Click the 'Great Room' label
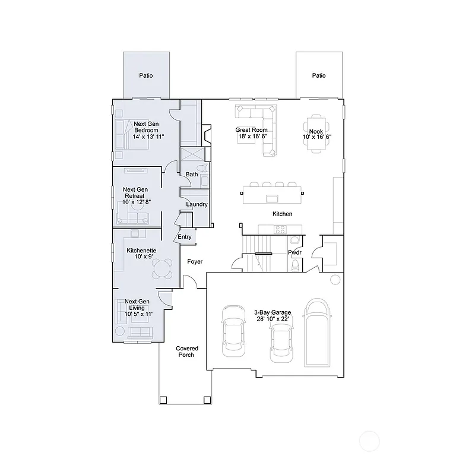pos(251,129)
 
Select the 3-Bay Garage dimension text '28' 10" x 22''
pos(271,319)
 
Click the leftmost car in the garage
pos(232,331)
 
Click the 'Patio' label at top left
pos(146,75)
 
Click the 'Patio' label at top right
pos(319,75)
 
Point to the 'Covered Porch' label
pos(187,351)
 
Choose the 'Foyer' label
pos(195,261)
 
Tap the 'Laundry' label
pos(197,204)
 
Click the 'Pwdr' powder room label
pos(294,252)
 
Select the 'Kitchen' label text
pos(282,214)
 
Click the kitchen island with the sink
pos(273,192)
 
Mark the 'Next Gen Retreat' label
pos(135,195)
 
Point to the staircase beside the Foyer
pos(259,252)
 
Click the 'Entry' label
pos(185,237)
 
